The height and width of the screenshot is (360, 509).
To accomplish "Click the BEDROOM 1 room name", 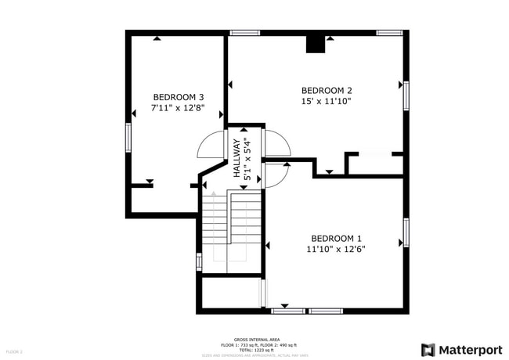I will click(336, 238).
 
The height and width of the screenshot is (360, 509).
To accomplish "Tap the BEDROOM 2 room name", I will click(327, 89).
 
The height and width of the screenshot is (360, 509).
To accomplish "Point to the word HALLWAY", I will click(236, 159).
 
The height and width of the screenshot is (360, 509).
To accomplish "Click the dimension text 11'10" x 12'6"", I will click(336, 249).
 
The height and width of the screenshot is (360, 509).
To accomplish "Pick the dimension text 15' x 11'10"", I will click(327, 100).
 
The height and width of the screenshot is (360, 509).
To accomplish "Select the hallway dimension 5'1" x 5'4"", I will click(247, 159).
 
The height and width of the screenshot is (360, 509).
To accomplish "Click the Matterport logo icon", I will click(428, 349).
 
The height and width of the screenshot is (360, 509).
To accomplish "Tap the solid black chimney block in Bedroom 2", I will click(316, 44).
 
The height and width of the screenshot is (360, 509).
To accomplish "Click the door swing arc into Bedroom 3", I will click(209, 145).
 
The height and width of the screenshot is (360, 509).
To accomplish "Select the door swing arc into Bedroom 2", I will click(278, 142).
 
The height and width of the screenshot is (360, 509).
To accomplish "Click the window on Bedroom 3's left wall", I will click(128, 137).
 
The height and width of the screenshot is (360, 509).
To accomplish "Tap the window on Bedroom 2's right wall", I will click(406, 95).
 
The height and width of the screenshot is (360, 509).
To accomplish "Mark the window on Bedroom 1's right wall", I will click(406, 232).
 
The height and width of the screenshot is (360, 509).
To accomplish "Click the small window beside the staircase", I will click(199, 262).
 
